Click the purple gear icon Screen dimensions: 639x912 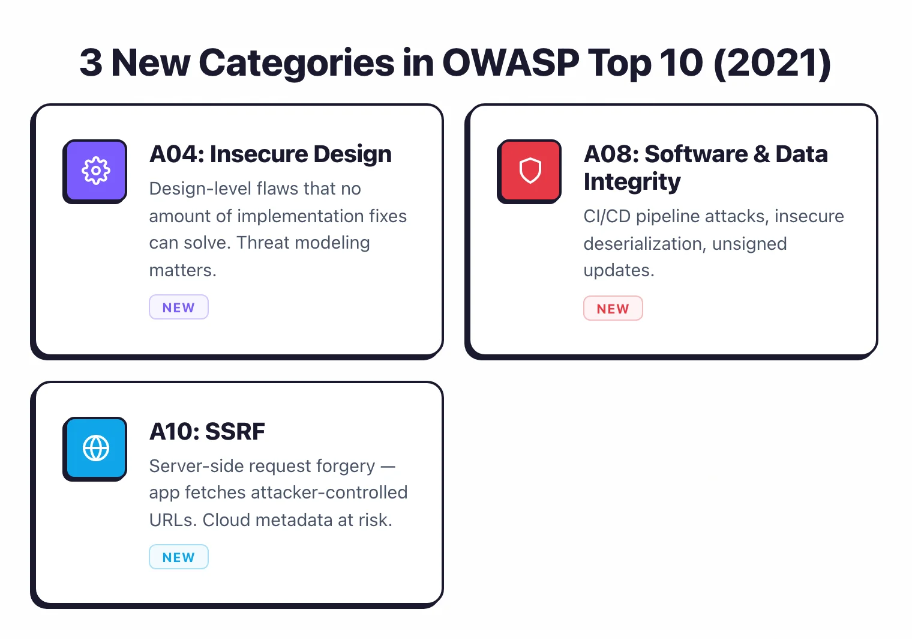click(x=95, y=171)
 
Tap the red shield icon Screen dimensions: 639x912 click(x=530, y=171)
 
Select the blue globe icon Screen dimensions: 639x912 click(x=95, y=448)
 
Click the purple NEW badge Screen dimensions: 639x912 click(x=179, y=307)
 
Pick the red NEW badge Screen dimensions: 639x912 click(x=613, y=309)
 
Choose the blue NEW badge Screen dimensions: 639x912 click(x=179, y=557)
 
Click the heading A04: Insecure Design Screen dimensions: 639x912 click(x=270, y=154)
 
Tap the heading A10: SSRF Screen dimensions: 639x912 click(x=207, y=432)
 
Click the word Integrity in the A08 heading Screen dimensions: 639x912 click(x=632, y=182)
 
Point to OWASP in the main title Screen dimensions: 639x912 click(x=511, y=62)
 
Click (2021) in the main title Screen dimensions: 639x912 click(x=772, y=62)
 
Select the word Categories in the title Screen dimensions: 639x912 click(x=296, y=62)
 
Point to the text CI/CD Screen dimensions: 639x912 click(x=607, y=216)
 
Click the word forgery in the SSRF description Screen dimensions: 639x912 click(x=345, y=466)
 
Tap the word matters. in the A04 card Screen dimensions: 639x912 click(x=182, y=270)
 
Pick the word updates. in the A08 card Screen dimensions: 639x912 click(x=619, y=270)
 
